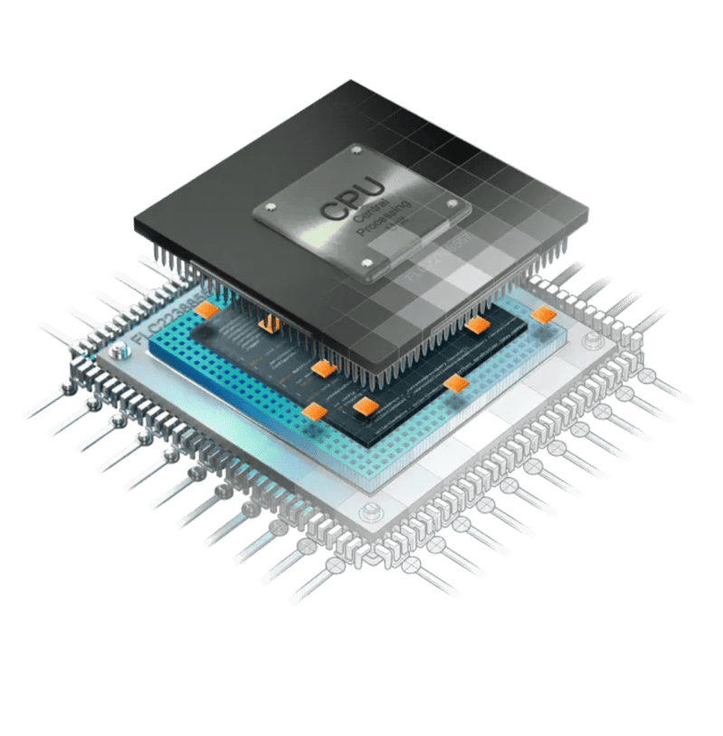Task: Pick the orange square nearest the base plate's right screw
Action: [543, 314]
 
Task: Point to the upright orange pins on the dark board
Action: [268, 323]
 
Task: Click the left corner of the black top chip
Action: [136, 222]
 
